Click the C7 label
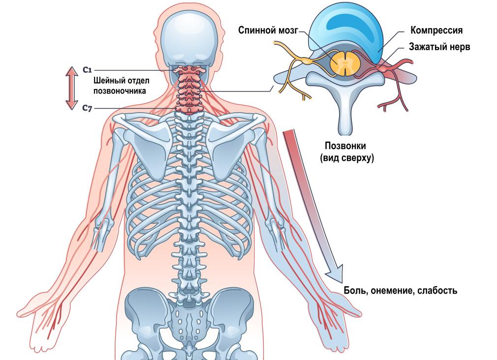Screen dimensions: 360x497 tap(87, 107)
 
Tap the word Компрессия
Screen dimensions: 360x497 tap(436, 30)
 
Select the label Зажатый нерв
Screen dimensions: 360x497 tap(439, 47)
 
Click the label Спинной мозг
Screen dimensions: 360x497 tap(268, 30)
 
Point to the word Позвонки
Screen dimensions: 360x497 tap(345, 146)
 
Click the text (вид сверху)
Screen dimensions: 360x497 tap(346, 158)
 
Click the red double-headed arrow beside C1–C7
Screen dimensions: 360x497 tap(72, 89)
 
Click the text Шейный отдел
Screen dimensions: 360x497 tap(121, 81)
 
